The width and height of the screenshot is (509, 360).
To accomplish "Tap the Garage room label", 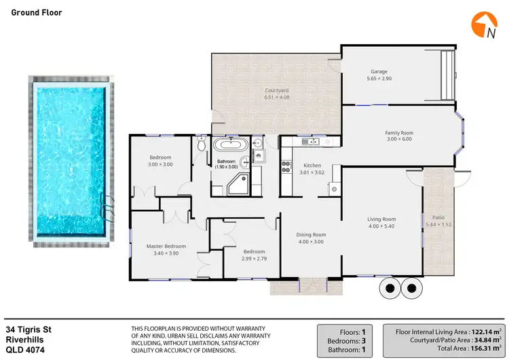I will (x=379, y=71).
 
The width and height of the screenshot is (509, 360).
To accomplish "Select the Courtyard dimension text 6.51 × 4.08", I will (x=277, y=97).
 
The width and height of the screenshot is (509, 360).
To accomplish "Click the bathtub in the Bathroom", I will (x=230, y=145).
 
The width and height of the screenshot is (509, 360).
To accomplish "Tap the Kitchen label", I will (x=312, y=165).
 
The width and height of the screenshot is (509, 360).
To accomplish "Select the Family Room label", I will (x=399, y=132).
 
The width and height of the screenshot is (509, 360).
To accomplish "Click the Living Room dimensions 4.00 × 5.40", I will (x=381, y=226).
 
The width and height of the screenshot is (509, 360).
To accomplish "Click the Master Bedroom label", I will (x=166, y=246).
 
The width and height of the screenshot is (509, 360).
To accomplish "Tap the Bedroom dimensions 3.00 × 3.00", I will (x=161, y=164).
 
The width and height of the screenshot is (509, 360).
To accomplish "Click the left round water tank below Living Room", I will (x=390, y=288).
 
